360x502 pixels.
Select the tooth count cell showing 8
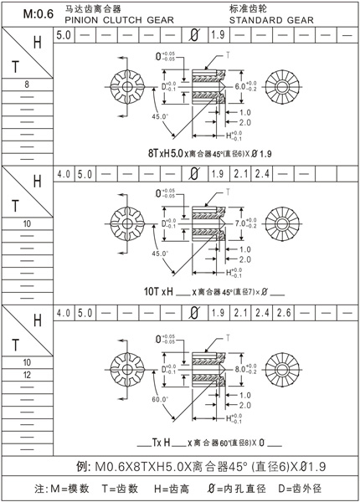[x=27, y=85]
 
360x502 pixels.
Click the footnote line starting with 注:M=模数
[x=180, y=488]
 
